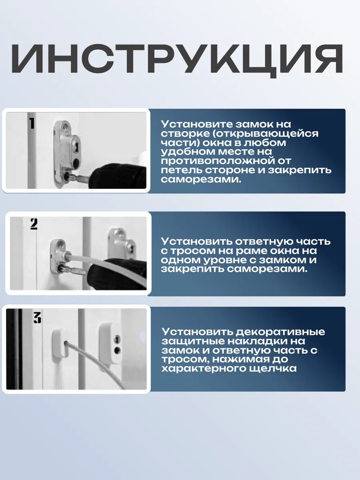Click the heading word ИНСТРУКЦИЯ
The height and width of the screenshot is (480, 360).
(177, 60)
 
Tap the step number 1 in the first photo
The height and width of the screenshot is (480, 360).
(32, 123)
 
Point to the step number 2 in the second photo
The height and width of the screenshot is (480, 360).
(34, 224)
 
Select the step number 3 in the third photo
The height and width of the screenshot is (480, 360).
(37, 318)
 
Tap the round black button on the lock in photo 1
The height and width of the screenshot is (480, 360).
(76, 162)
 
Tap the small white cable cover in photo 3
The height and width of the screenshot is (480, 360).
(60, 344)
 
